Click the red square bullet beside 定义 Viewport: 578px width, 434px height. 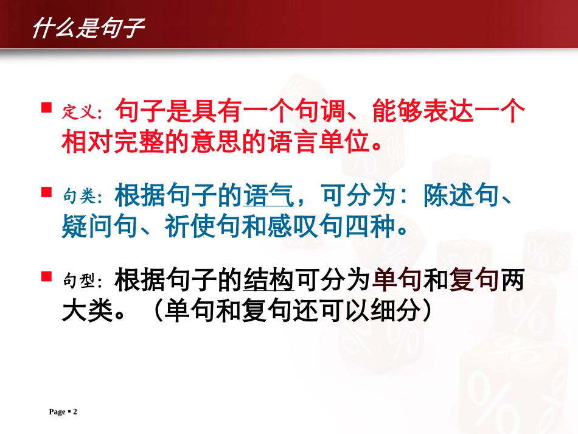pyautogui.click(x=46, y=108)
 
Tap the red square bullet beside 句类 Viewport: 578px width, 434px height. pyautogui.click(x=46, y=192)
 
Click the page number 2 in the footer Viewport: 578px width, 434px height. pyautogui.click(x=75, y=412)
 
